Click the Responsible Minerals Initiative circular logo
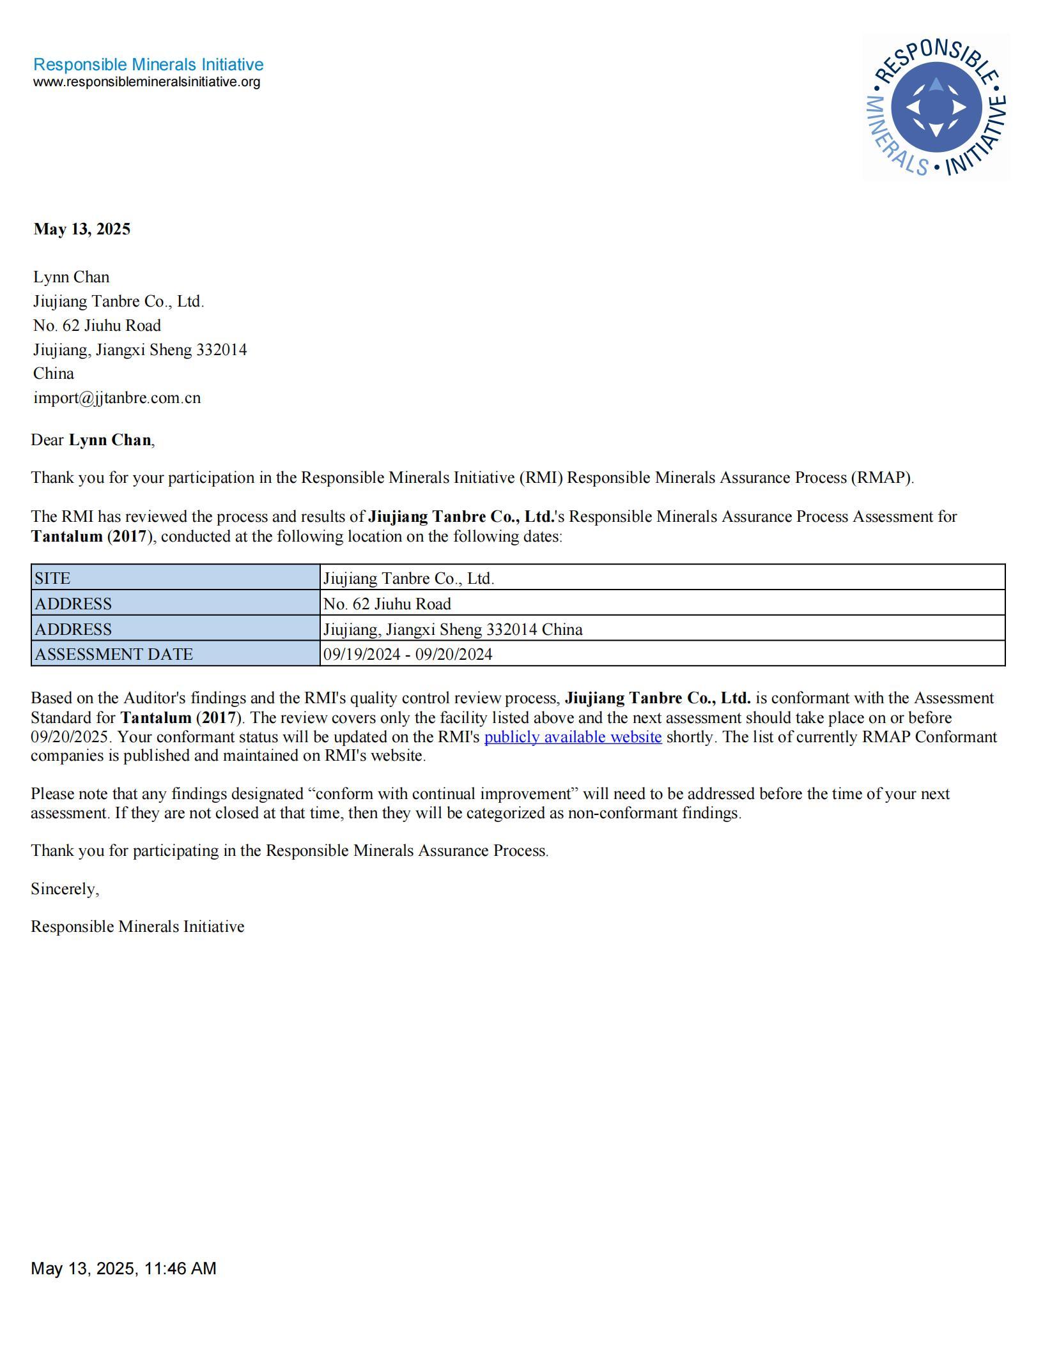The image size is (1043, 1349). click(x=936, y=107)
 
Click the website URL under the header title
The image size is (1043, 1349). click(x=146, y=82)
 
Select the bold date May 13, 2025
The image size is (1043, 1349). click(x=82, y=229)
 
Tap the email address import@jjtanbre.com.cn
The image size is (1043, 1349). click(x=117, y=398)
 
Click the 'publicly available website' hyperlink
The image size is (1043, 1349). click(x=573, y=737)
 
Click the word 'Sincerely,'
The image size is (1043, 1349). click(x=65, y=889)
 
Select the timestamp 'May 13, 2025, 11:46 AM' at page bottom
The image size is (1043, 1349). click(x=123, y=1268)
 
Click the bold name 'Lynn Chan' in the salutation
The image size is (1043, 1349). click(x=110, y=440)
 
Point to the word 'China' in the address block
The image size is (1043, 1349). click(x=54, y=374)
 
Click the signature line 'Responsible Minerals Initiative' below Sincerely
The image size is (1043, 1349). click(x=137, y=927)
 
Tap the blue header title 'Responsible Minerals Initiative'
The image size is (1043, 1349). click(x=148, y=65)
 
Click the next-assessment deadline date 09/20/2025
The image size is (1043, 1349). click(x=69, y=737)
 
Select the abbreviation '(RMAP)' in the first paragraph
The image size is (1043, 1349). click(x=882, y=478)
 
